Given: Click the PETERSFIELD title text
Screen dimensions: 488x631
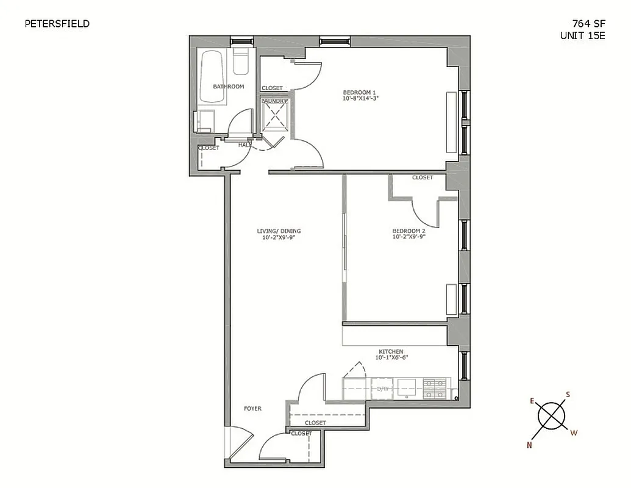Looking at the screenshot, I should click(57, 24).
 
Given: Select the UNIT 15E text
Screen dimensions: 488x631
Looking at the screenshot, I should click(582, 35).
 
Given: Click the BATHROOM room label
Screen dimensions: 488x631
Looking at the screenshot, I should click(228, 87).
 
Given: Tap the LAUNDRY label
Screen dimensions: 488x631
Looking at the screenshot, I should click(274, 101).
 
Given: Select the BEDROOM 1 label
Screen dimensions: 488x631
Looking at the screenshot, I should click(363, 93).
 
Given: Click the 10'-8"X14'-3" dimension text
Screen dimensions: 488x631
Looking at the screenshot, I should click(363, 99).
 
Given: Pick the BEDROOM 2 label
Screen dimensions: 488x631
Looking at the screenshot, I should click(408, 231).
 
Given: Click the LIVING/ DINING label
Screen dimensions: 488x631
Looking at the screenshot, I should click(279, 231).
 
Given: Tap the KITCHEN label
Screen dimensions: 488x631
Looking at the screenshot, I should click(391, 352).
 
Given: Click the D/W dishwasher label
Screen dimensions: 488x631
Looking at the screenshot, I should click(383, 389).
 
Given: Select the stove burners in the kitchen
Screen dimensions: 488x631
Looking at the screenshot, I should click(435, 388).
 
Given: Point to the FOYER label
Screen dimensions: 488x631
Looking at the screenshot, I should click(252, 409).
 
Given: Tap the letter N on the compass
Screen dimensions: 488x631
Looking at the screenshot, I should click(529, 445).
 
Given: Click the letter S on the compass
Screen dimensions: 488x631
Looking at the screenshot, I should click(568, 395).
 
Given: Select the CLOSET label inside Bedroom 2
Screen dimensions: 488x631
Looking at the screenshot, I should click(422, 178).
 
